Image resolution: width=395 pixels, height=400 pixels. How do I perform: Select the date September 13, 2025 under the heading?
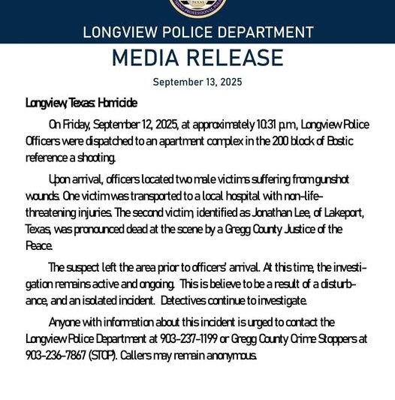197,81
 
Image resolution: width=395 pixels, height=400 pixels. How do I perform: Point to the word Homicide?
115,102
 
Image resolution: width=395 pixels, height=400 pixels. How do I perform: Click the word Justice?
282,229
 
